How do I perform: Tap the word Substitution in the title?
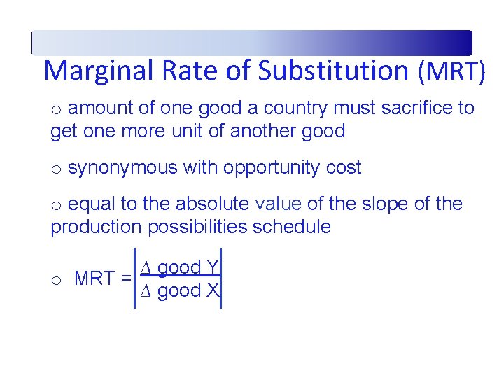(332, 71)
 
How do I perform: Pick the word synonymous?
(122, 167)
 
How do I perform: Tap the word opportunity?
(264, 167)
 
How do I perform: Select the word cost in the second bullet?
(343, 167)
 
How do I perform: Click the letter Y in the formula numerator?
(213, 267)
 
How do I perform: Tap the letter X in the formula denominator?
(213, 290)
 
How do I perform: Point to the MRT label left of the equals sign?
(94, 279)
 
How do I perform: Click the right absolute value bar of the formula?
(221, 278)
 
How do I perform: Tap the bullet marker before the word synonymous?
(56, 169)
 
